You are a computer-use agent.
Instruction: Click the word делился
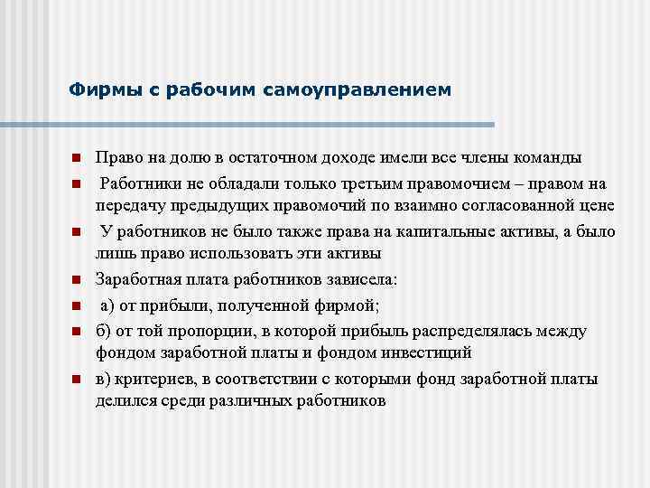124,399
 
